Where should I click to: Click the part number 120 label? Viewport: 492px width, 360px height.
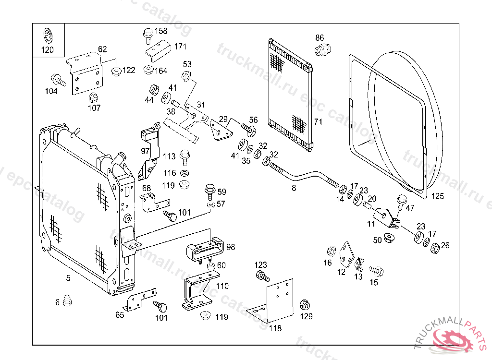(48, 50)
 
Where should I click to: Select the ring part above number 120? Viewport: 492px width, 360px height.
(48, 35)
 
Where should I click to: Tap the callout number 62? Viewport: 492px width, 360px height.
(102, 49)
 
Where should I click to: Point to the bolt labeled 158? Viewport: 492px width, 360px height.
(147, 34)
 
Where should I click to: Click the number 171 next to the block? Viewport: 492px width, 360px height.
(180, 47)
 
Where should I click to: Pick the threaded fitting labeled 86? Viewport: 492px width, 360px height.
(323, 48)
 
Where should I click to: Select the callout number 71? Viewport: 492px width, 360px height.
(318, 121)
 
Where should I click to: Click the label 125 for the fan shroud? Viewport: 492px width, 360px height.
(438, 196)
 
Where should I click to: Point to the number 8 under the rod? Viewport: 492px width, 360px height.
(294, 189)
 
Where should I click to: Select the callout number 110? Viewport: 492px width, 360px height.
(222, 286)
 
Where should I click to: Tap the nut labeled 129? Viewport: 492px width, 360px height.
(304, 305)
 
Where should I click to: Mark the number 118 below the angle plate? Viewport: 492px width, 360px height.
(275, 329)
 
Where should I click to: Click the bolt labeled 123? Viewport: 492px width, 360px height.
(261, 276)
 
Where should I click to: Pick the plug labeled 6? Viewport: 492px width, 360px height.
(67, 300)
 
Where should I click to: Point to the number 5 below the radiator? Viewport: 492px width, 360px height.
(68, 277)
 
